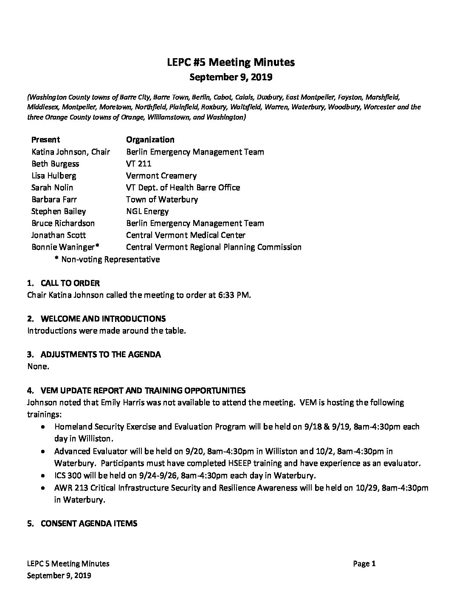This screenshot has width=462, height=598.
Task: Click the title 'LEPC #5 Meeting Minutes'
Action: [231, 62]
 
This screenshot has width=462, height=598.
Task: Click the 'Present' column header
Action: [45, 140]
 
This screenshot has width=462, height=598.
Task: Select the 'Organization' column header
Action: [150, 140]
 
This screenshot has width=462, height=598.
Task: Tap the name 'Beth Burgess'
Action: [55, 164]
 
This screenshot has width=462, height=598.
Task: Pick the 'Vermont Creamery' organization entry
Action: [161, 175]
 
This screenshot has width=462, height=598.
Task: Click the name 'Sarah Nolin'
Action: [52, 187]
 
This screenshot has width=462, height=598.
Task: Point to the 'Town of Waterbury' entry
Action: [162, 199]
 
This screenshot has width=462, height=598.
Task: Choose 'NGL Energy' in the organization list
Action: [147, 211]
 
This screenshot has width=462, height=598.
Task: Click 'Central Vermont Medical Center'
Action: [186, 235]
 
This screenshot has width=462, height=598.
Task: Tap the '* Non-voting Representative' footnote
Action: [107, 259]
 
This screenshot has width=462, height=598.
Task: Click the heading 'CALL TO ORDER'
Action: [70, 283]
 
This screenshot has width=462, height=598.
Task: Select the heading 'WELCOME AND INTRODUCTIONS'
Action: [103, 319]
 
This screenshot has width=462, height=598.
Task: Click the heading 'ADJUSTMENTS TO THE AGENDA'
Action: [101, 354]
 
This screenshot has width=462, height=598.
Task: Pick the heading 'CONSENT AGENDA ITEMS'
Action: [89, 523]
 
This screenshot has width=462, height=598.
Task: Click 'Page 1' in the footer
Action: [364, 564]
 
